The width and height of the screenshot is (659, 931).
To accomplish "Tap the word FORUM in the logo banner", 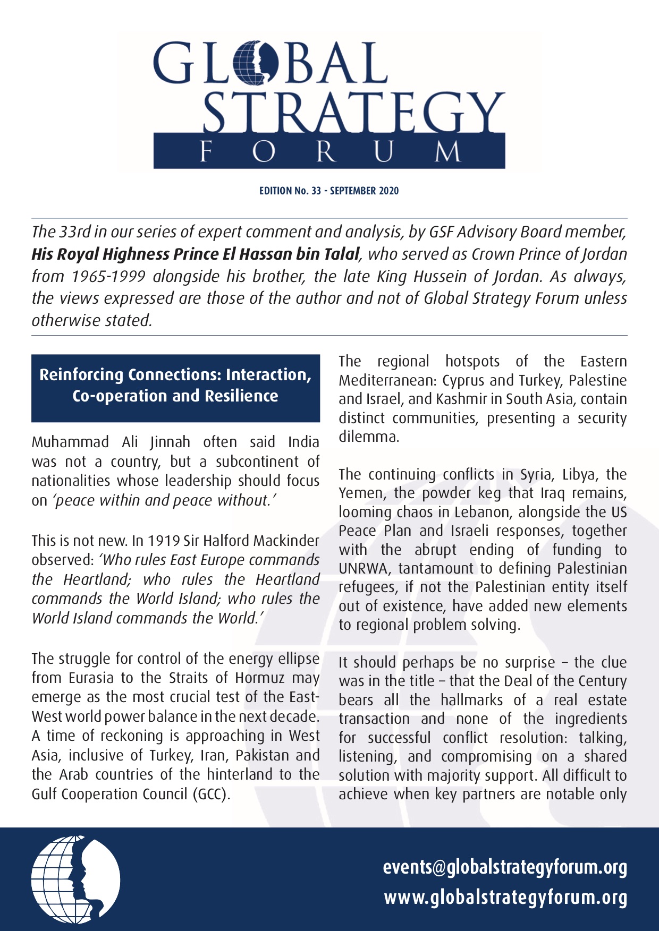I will pos(329,152).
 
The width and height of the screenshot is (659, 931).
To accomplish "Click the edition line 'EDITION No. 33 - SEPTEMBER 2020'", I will pos(329,191).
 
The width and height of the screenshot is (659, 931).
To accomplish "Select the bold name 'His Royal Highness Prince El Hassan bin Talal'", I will pos(195,254).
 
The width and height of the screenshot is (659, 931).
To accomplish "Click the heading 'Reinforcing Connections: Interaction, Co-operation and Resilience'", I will pos(175,386).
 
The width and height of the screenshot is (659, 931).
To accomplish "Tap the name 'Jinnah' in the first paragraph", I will pos(170,442).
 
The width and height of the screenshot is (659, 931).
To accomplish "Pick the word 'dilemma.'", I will pos(369,437).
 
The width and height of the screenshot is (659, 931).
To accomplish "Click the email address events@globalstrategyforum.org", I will pos(505,867).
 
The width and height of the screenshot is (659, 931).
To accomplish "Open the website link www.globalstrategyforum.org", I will pos(505,898).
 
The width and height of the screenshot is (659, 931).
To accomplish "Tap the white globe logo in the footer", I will pos(75,879).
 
